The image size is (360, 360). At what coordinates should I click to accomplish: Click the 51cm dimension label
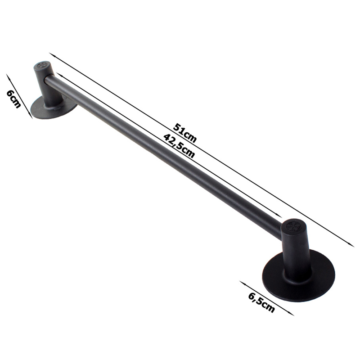pyautogui.click(x=185, y=133)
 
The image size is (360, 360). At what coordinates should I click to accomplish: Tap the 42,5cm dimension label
pyautogui.click(x=179, y=146)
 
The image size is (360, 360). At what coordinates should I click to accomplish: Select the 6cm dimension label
pyautogui.click(x=14, y=99)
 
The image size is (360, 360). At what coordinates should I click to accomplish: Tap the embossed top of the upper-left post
pyautogui.click(x=42, y=65)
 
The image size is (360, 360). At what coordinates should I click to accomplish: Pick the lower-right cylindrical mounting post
pyautogui.click(x=296, y=249)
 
